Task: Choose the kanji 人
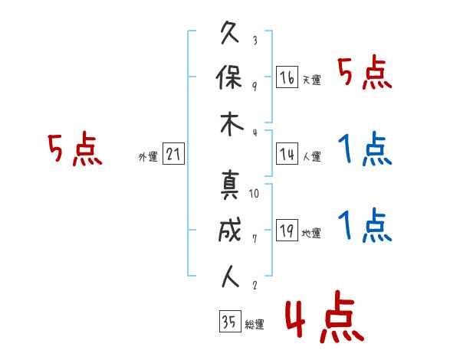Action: [231, 276]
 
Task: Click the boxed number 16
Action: [287, 77]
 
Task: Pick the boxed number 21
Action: [173, 155]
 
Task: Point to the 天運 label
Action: [311, 80]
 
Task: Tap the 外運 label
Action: [148, 157]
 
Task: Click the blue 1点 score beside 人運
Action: [365, 149]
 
